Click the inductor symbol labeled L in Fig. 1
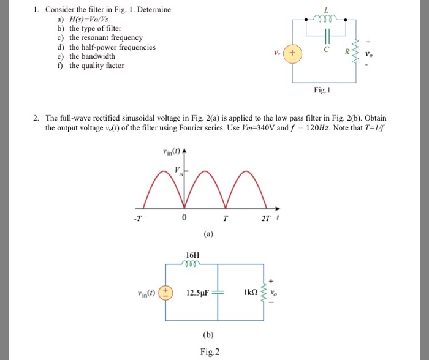pos(326,19)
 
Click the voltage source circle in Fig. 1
pos(292,53)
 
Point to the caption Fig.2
pos(210,351)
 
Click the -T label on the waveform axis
pos(139,219)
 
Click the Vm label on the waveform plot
pos(178,171)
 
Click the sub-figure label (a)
pos(209,233)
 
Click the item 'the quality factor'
pos(97,66)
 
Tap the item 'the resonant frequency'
pos(105,38)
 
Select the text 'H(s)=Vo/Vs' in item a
pos(89,19)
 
